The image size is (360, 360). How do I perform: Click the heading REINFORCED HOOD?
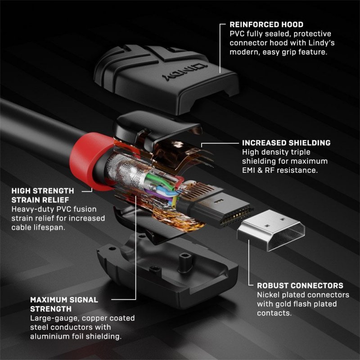(x=266, y=24)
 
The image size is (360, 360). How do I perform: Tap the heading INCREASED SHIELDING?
(x=286, y=143)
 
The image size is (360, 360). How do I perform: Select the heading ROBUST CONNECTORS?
(x=300, y=285)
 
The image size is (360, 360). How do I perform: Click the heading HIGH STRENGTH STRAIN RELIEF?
(x=43, y=195)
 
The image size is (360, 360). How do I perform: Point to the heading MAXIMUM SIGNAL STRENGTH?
(x=64, y=304)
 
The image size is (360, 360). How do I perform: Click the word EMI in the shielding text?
(x=250, y=171)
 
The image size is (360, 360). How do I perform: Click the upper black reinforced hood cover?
(x=166, y=76)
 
